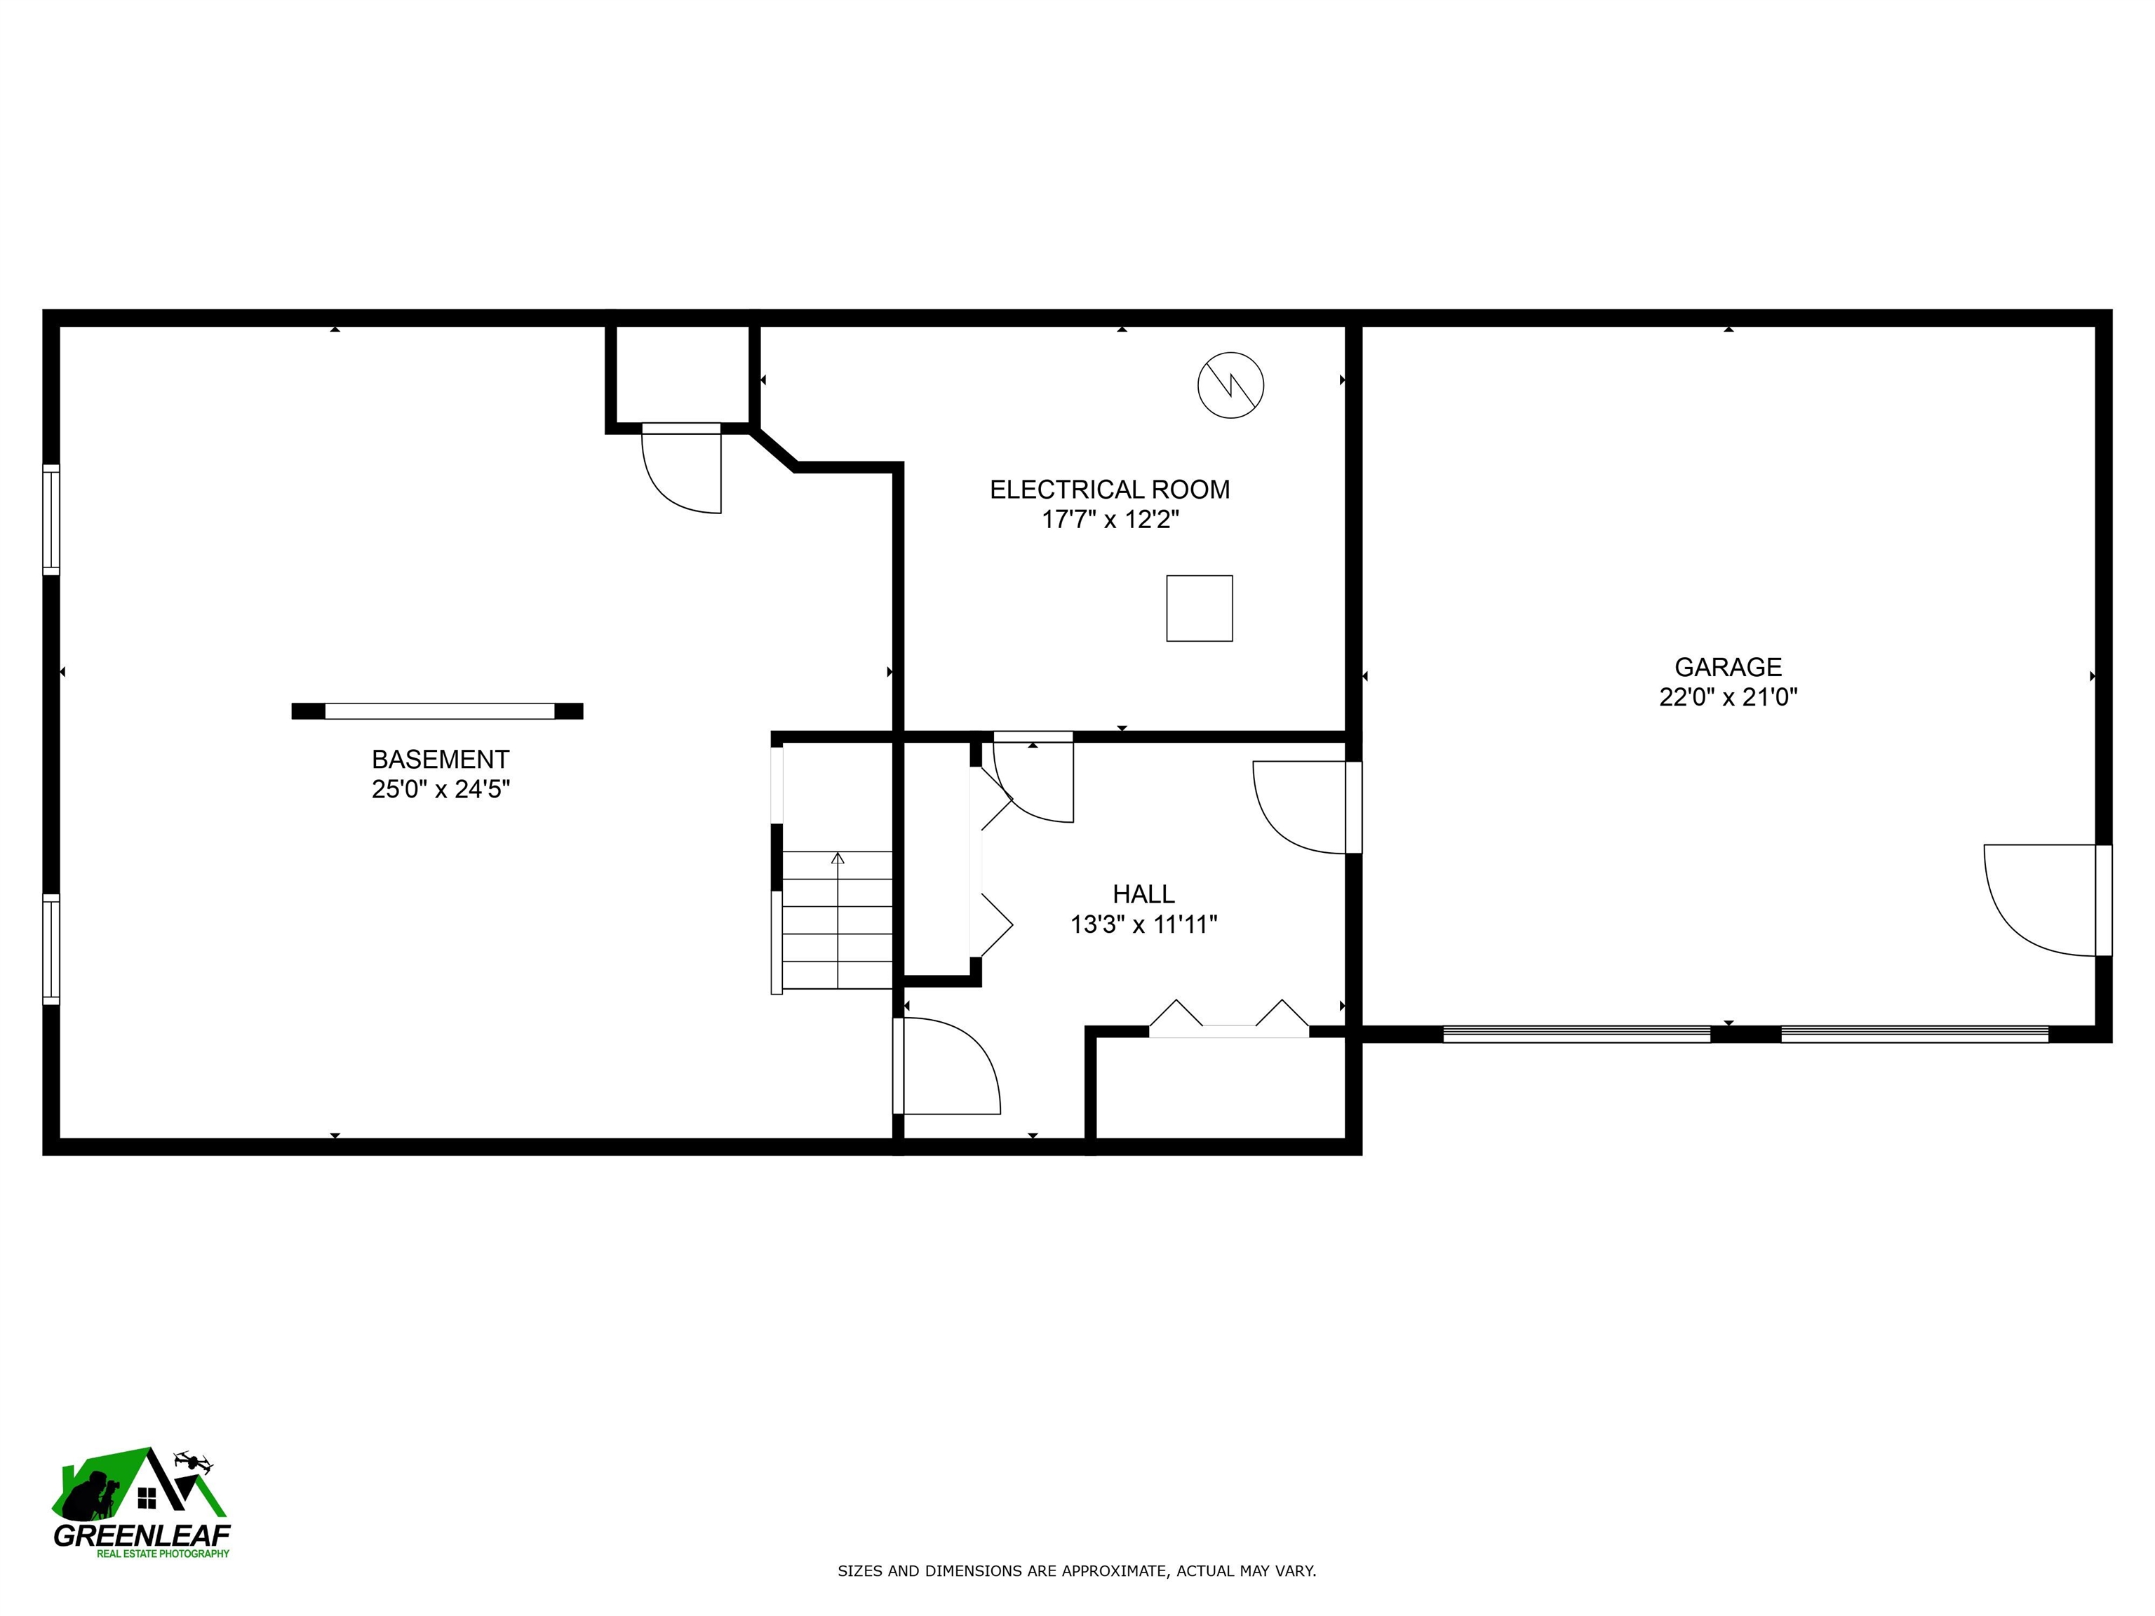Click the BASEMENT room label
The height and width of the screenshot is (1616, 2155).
(x=441, y=759)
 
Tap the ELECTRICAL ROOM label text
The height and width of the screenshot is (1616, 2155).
(x=1110, y=489)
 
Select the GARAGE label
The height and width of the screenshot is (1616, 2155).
(x=1727, y=667)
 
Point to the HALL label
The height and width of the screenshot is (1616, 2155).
(x=1143, y=894)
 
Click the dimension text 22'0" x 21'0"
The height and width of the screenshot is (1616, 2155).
(x=1727, y=697)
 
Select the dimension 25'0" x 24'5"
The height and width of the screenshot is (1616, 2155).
(x=441, y=789)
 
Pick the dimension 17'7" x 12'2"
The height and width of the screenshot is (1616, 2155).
(x=1110, y=519)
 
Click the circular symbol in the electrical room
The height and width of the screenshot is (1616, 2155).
(x=1230, y=386)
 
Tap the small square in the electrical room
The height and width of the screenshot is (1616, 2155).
(x=1200, y=608)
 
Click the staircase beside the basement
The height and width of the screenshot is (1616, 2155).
(x=837, y=920)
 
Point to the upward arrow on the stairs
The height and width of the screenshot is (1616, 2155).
(x=838, y=859)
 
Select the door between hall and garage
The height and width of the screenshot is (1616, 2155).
(x=1305, y=807)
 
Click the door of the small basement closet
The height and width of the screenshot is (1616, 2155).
(x=682, y=469)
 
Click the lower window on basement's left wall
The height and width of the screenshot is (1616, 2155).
(x=51, y=949)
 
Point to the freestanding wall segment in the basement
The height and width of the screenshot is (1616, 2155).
(x=438, y=711)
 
